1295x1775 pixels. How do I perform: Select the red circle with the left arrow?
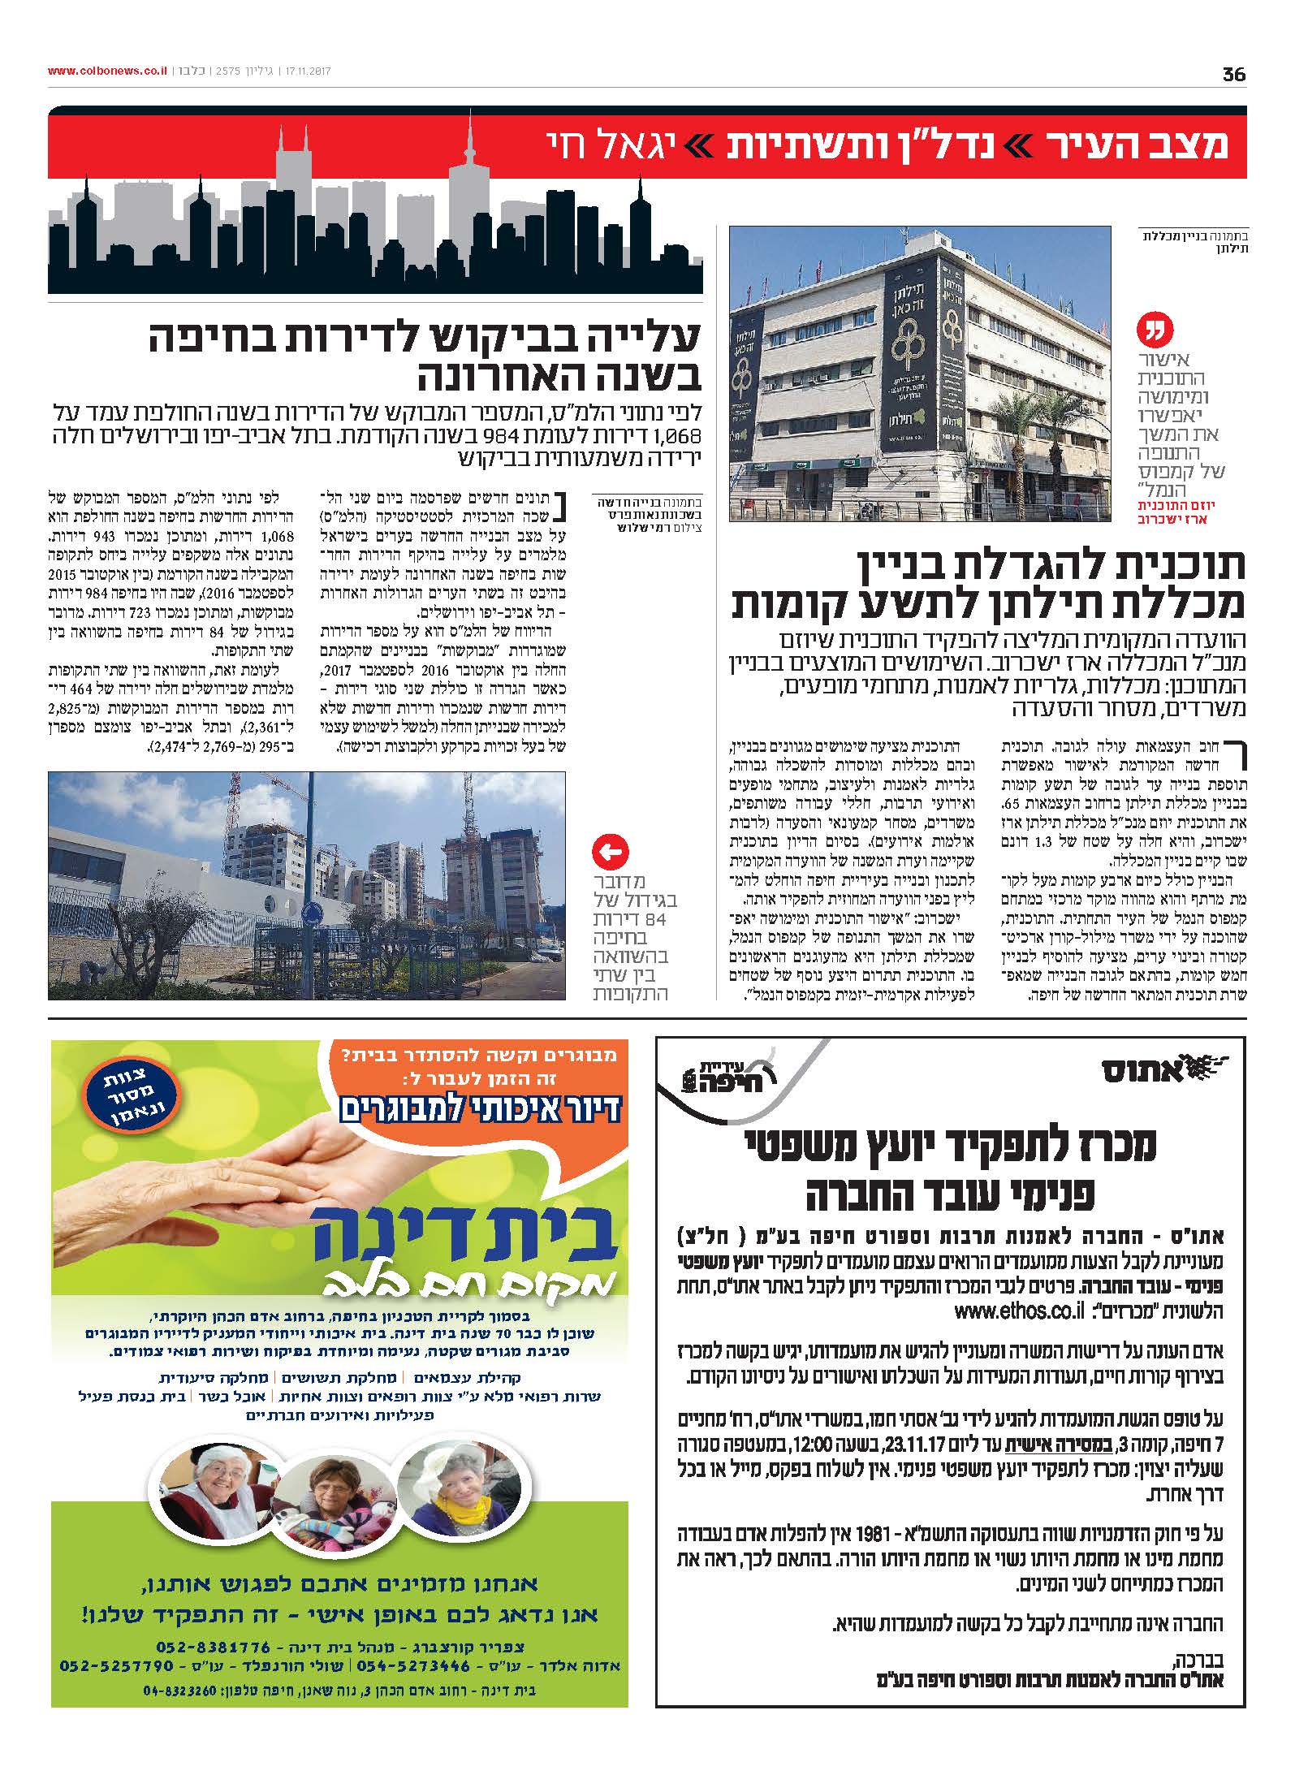611,853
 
